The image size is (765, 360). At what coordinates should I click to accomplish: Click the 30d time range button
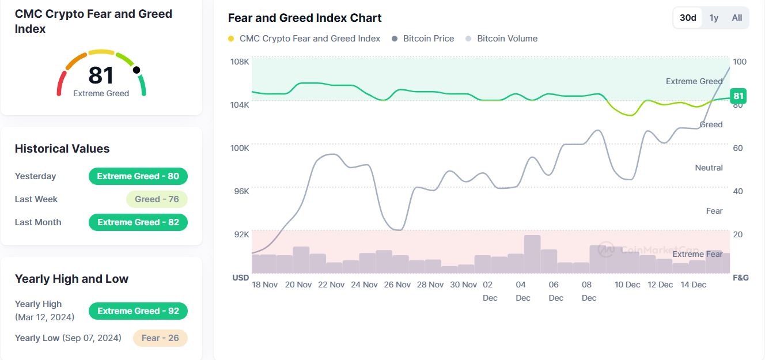coord(688,18)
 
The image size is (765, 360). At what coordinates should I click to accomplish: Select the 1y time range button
coord(714,18)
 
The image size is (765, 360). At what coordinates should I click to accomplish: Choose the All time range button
coord(737,18)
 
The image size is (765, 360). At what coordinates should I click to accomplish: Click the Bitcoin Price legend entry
coord(423,39)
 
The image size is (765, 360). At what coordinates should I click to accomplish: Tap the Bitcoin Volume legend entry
coord(502,39)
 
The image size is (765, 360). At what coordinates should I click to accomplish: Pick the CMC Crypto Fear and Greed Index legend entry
coord(304,39)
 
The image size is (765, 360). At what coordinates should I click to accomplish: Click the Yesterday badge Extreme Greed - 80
coord(138,176)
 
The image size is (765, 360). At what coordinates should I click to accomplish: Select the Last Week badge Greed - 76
coord(157,199)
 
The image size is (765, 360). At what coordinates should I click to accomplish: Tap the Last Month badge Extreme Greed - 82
coord(138,222)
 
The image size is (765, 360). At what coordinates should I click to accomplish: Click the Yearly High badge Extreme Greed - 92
coord(138,311)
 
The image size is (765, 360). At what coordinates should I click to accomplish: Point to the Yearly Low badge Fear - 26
coord(160,338)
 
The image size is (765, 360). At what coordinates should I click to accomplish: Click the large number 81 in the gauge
coord(101,75)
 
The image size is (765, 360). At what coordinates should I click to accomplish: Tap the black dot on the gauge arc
coord(137,70)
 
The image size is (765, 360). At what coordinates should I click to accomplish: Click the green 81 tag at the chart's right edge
coord(738,96)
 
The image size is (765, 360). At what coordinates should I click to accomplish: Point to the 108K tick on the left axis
coord(240,62)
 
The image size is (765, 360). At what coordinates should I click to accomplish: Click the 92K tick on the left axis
coord(241,234)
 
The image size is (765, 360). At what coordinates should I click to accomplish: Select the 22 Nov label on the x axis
coord(331,285)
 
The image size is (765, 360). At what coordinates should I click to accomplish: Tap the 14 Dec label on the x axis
coord(693,285)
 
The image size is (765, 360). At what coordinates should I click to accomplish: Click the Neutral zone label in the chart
coord(709,168)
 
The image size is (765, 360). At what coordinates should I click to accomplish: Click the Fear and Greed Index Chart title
coord(305,18)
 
